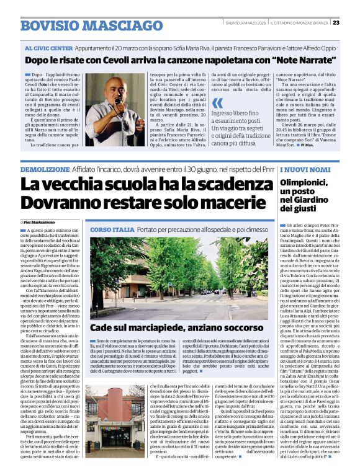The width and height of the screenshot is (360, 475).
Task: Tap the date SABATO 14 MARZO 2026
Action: click(247, 23)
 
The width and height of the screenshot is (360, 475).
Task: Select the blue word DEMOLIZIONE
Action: click(43, 169)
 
